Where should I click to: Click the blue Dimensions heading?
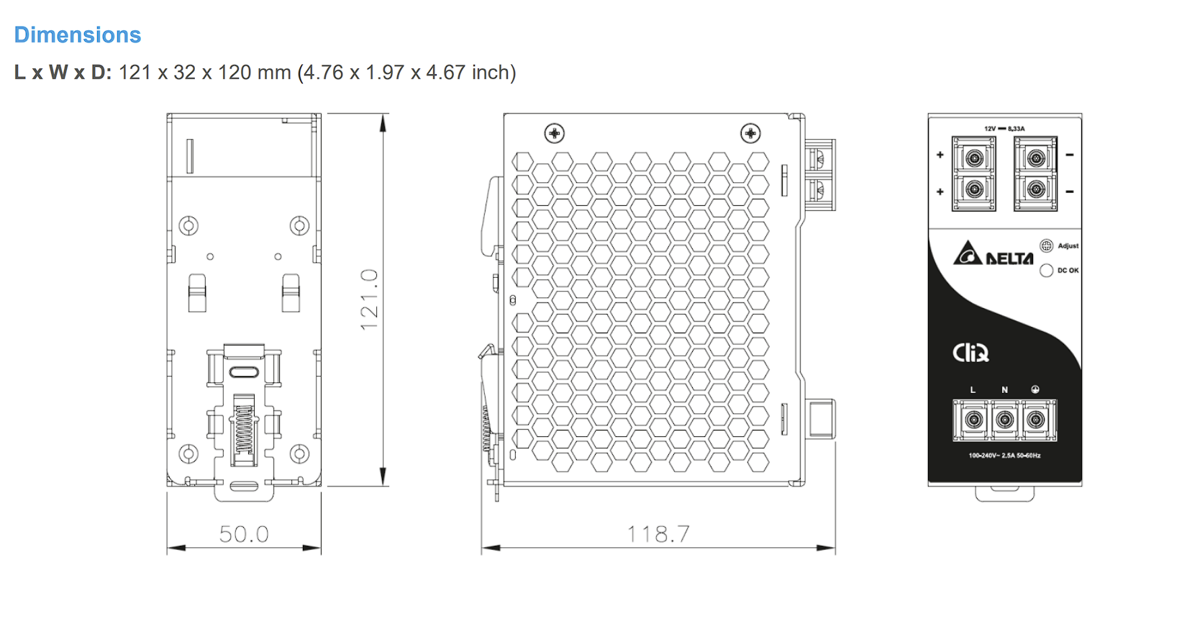click(x=78, y=35)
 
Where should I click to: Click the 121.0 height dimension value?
click(x=369, y=299)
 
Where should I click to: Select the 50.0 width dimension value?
click(x=245, y=534)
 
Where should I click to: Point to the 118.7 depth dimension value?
click(x=659, y=534)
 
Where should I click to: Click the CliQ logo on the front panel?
click(x=970, y=353)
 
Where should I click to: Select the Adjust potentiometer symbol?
click(x=1046, y=245)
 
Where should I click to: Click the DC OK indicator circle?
click(x=1046, y=271)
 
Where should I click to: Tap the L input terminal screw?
click(x=973, y=420)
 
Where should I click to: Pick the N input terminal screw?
click(x=1004, y=420)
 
